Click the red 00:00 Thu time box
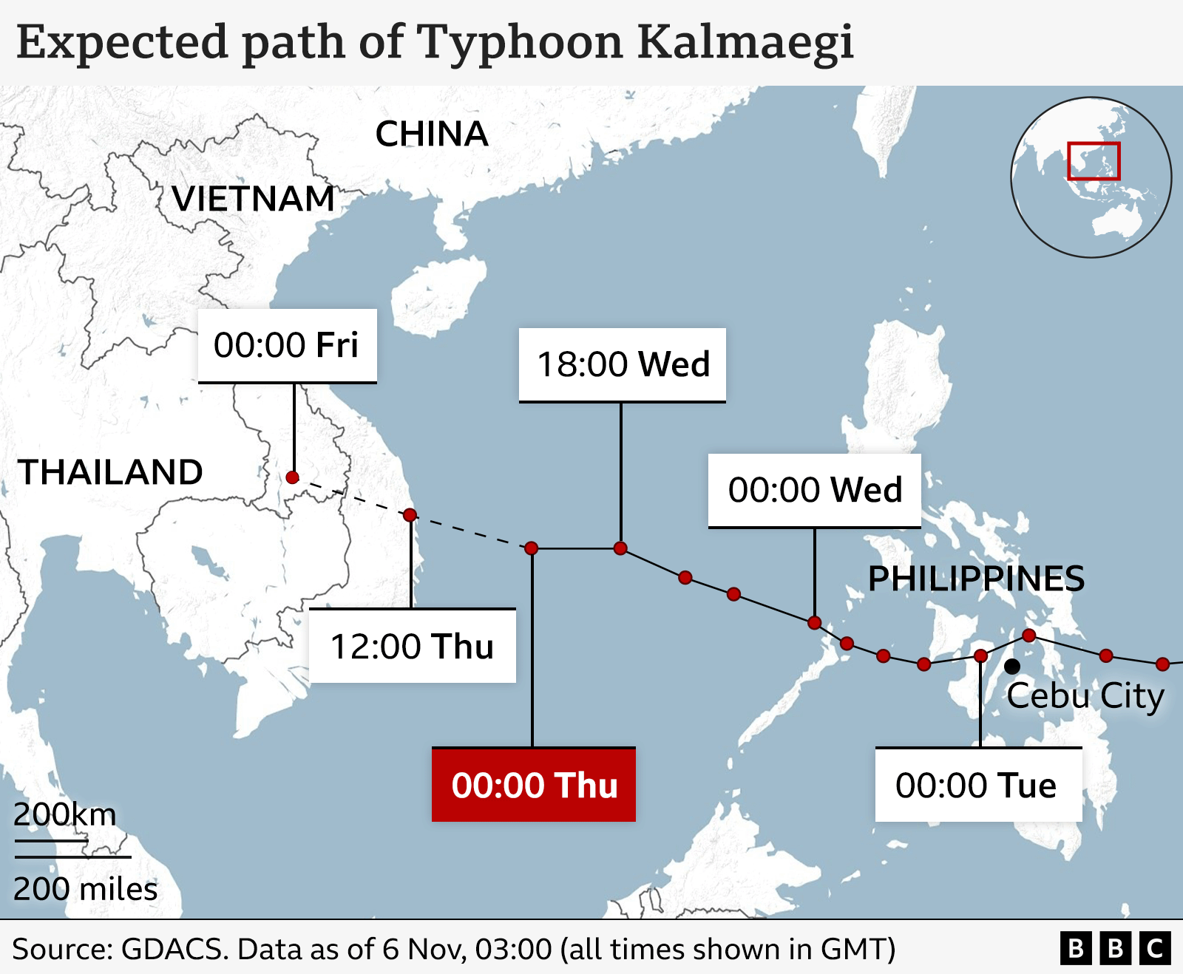coord(534,785)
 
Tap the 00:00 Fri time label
coord(287,345)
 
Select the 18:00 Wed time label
coord(623,364)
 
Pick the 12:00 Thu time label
coord(412,647)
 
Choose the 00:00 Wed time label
coord(815,490)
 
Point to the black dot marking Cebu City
coord(1012,667)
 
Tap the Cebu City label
coord(1085,695)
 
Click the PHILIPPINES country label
coord(976,579)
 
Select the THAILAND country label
coord(111,472)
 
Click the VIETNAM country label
coord(254,199)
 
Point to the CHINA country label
coord(432,134)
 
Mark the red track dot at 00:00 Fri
coord(292,477)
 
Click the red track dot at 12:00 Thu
coord(410,514)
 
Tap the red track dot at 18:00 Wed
coord(620,548)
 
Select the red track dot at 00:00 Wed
coord(814,622)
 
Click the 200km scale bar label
coord(65,814)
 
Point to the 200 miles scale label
coord(85,889)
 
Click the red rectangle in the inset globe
coord(1094,161)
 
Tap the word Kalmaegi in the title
coord(745,42)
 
